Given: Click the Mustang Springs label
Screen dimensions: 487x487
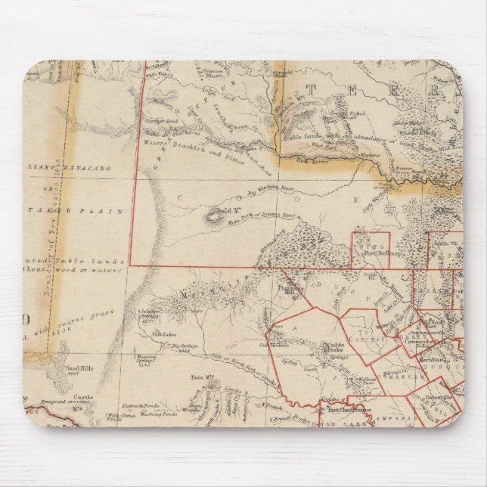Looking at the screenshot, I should [x=150, y=361].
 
